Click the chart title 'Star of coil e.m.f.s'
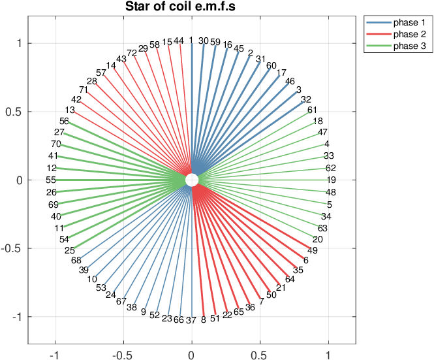(x=191, y=7)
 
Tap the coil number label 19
(x=332, y=180)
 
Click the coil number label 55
(x=51, y=180)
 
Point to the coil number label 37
(x=191, y=320)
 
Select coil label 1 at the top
(x=191, y=40)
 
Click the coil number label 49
(x=313, y=250)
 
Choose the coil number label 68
(x=76, y=260)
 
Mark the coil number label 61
(x=313, y=110)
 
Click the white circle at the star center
(x=191, y=180)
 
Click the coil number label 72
(x=132, y=53)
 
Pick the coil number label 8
(x=203, y=320)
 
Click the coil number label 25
(x=70, y=250)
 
